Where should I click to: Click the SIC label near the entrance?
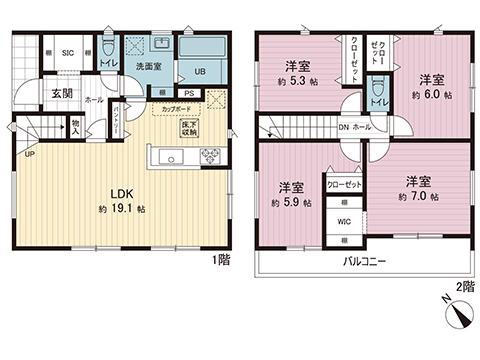pos(69,53)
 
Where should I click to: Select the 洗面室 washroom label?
pos(149,65)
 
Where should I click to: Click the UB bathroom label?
pos(198,71)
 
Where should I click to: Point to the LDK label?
pos(122,196)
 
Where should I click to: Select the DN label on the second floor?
pos(342,126)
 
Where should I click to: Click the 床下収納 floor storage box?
pos(188,128)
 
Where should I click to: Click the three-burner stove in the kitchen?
pos(211,155)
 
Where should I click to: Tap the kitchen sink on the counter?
pos(169,156)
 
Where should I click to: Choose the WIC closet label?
pos(342,222)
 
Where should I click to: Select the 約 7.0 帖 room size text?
pos(418,197)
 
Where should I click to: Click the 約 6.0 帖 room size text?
pos(430,95)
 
